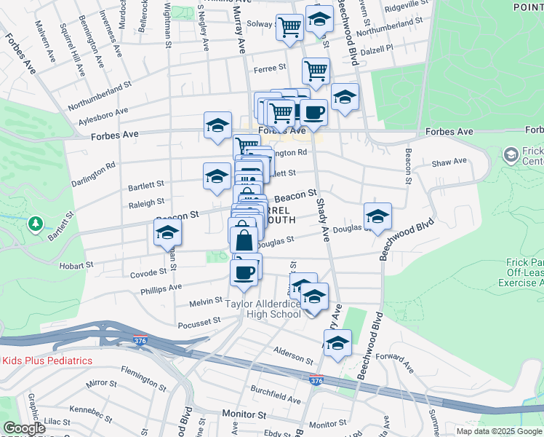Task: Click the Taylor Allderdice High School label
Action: (263, 309)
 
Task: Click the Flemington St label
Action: (139, 379)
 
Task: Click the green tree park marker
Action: (35, 224)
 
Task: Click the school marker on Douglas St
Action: (377, 216)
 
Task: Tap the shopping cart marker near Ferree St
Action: (316, 71)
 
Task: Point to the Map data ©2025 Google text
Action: (498, 430)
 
